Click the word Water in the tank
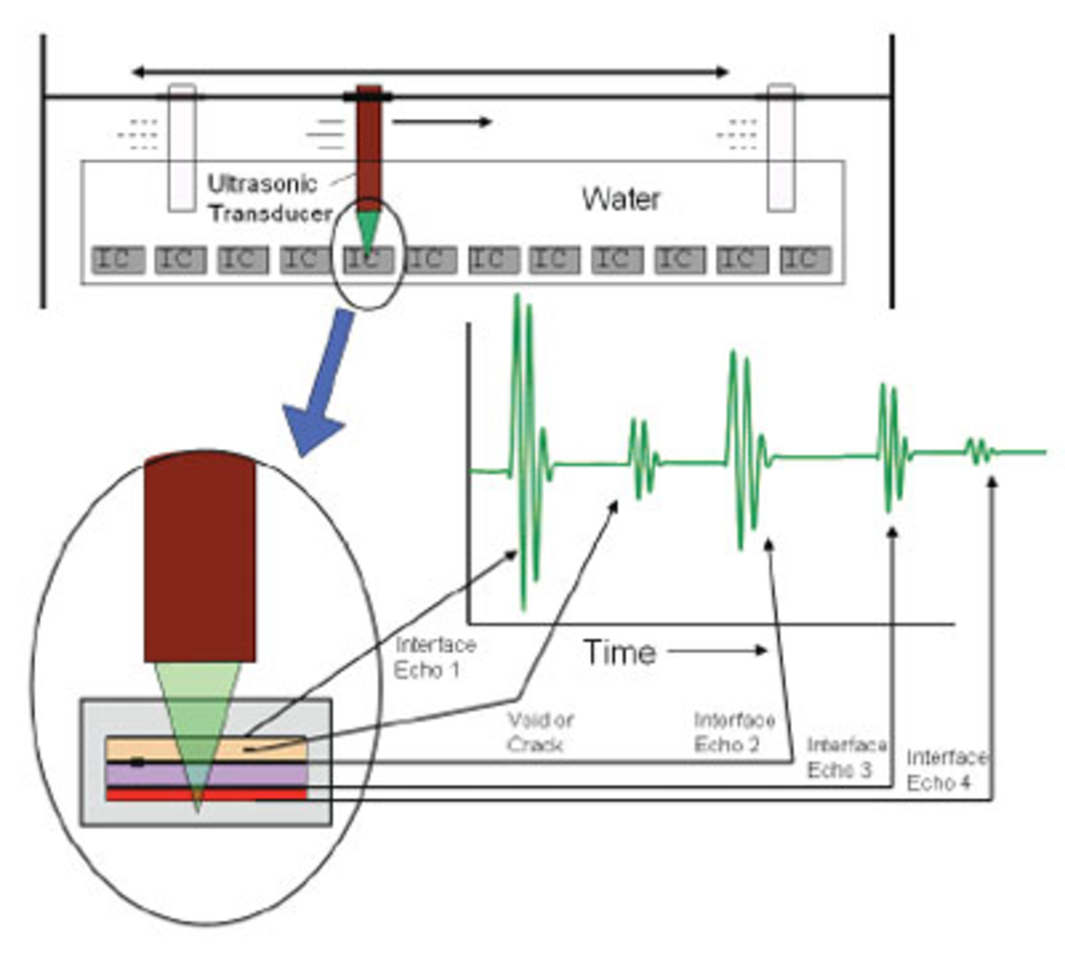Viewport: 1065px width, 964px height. pos(621,199)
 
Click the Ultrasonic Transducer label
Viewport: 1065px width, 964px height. pos(269,199)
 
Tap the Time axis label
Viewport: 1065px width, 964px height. pos(620,652)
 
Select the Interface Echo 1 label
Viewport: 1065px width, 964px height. pos(435,657)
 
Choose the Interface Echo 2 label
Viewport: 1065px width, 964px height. pos(734,732)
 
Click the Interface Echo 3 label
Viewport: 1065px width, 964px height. pos(846,757)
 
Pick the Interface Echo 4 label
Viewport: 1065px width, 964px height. pos(946,770)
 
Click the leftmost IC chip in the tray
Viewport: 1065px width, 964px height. pos(118,260)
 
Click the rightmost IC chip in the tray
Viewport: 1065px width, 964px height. pos(805,260)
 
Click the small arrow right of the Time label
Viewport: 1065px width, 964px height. pos(718,651)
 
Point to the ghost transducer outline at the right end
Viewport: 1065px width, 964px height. pos(780,147)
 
